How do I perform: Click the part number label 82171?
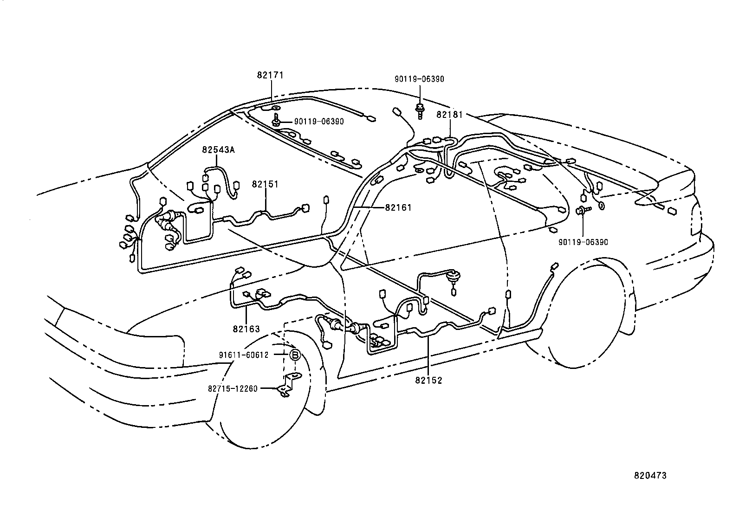(270, 75)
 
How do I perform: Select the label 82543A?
(218, 149)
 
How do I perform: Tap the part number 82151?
(265, 184)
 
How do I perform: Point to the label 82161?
(398, 207)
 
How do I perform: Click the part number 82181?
(449, 114)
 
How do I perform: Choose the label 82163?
(246, 329)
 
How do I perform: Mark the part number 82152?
(428, 380)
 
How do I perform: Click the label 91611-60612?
(244, 355)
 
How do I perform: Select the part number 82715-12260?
(233, 388)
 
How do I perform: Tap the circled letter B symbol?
(295, 355)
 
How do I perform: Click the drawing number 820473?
(650, 476)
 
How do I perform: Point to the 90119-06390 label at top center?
(419, 79)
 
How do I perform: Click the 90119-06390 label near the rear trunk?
(583, 242)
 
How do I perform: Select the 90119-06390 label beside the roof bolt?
(319, 122)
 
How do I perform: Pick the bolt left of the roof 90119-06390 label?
(276, 121)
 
